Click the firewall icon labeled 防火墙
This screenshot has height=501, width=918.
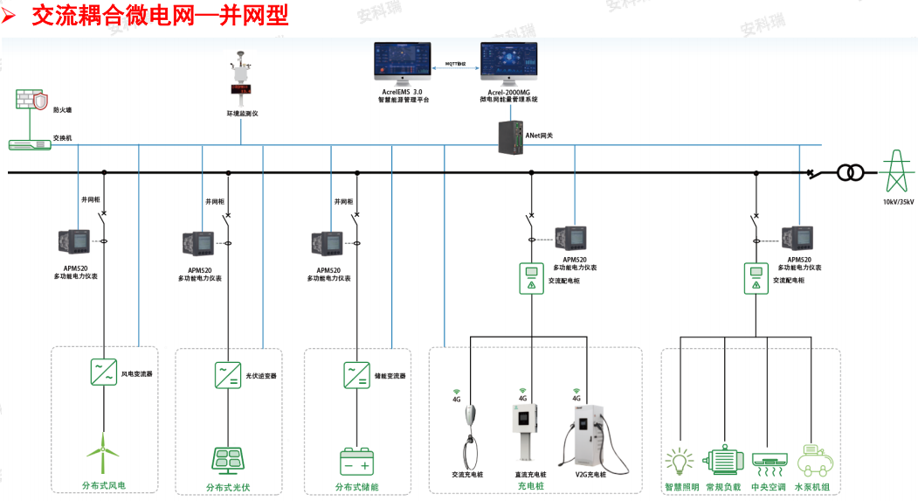point(31,101)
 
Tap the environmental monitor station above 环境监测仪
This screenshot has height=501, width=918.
point(238,80)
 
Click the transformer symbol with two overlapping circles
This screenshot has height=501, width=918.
point(850,172)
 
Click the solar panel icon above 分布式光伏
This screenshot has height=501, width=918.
point(228,461)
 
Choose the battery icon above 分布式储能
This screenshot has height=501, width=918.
point(356,461)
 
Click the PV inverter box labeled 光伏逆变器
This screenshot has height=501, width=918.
point(228,375)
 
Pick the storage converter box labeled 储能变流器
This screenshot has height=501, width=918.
point(356,375)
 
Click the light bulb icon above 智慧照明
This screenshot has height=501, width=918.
point(681,461)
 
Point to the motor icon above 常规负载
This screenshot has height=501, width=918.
point(724,461)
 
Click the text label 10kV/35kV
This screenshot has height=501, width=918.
point(897,202)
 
